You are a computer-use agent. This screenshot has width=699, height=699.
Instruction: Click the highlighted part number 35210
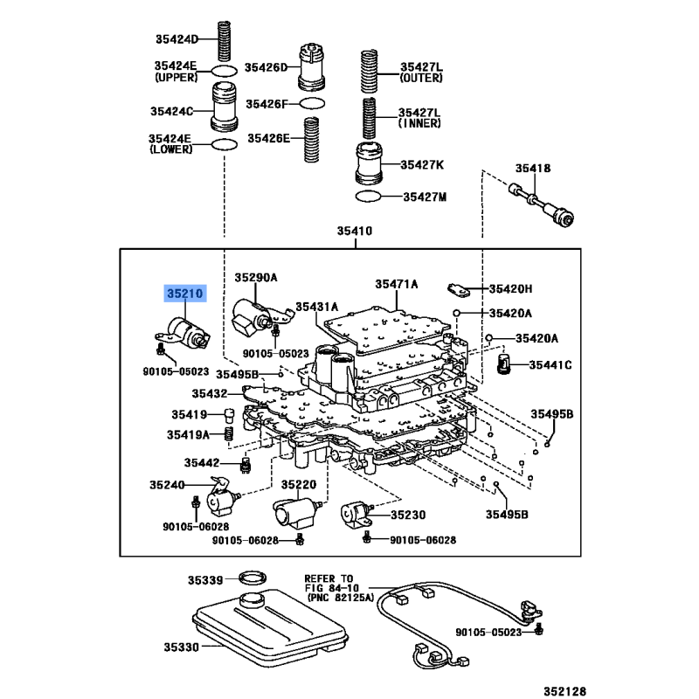(183, 294)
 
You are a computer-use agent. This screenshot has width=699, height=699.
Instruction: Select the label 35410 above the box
(356, 232)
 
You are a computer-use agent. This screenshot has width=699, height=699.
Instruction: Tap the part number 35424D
(176, 38)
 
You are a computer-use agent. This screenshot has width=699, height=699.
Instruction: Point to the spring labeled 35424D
(223, 39)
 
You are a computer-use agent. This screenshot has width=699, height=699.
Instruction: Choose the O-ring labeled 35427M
(368, 196)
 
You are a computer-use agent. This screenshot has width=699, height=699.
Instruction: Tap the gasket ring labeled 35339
(253, 578)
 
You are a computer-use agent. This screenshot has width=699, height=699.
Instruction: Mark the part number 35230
(408, 515)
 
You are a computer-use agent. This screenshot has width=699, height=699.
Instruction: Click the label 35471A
(397, 284)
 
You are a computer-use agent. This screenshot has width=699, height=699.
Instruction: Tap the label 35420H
(510, 289)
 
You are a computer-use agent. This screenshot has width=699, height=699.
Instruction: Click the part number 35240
(167, 483)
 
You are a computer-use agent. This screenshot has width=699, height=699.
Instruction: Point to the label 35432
(210, 394)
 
